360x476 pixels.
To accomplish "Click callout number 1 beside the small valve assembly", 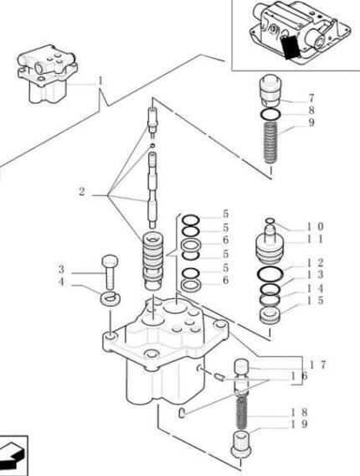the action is click(x=100, y=81).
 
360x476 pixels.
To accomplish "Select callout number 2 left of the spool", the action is click(x=82, y=192).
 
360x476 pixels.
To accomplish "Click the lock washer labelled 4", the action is click(x=111, y=297).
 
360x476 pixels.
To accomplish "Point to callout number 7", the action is click(x=311, y=98).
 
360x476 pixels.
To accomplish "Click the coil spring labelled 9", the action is click(x=270, y=142).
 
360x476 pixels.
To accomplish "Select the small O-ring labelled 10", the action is click(x=270, y=220).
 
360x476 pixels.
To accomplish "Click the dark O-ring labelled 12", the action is click(x=270, y=274).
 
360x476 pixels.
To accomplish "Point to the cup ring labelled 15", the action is click(x=270, y=315).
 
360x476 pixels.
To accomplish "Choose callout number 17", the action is click(x=317, y=365).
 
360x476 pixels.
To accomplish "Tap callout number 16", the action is click(x=300, y=375).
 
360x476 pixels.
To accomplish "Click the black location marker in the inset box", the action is click(x=291, y=46).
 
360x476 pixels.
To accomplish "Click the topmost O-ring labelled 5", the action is click(x=190, y=220).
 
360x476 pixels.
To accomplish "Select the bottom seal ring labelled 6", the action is click(x=191, y=285).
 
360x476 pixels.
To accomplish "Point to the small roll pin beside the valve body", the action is click(x=219, y=377).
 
